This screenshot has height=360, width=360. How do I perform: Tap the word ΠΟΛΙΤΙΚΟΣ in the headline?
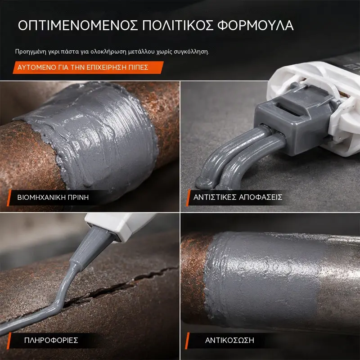178,25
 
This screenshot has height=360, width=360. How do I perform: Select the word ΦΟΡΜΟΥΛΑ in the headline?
256,25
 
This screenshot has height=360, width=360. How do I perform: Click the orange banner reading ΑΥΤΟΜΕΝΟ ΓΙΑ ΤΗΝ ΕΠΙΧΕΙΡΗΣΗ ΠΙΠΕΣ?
88,67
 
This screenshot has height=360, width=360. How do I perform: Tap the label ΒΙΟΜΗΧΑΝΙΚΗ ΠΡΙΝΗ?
53,198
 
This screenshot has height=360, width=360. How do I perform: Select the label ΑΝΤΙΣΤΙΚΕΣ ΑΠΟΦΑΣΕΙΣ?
238,197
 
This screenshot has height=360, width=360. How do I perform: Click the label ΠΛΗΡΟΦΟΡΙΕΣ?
51,340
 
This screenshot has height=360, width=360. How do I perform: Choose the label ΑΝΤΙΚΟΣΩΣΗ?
229,340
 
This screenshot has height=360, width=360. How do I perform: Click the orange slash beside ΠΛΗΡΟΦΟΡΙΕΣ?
9,341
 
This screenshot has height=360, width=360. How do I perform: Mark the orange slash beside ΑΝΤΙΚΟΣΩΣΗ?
187,341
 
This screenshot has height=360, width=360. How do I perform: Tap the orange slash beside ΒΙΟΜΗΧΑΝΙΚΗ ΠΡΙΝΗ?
9,198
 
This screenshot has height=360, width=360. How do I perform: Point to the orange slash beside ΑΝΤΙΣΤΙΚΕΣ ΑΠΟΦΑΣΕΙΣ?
188,198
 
